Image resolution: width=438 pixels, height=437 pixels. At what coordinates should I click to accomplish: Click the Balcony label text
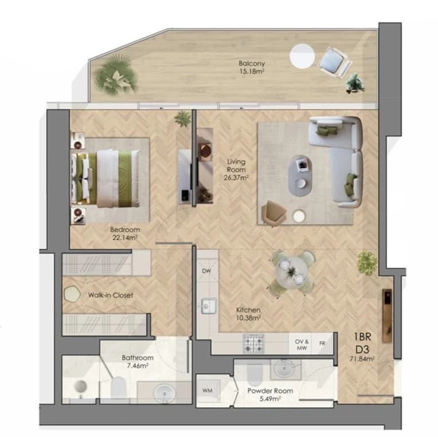point(252,64)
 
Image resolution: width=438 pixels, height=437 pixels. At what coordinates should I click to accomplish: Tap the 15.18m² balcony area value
point(252,71)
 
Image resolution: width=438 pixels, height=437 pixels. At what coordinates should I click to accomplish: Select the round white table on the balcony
point(302,56)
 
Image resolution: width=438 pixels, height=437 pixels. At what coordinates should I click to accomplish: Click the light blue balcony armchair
point(334,63)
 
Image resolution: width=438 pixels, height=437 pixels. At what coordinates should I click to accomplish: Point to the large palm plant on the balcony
point(115,75)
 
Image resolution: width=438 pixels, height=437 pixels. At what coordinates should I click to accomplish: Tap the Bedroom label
point(125,229)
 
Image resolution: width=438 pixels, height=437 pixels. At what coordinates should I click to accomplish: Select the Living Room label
point(236,165)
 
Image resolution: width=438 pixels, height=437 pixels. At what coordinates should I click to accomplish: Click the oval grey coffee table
point(300,175)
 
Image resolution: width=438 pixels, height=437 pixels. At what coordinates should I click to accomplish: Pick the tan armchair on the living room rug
point(273,213)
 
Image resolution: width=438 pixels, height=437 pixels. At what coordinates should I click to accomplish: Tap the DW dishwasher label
point(206,271)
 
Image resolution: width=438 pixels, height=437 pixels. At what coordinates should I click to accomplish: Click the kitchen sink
point(208,306)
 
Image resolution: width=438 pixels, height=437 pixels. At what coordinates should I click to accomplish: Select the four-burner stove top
point(253,344)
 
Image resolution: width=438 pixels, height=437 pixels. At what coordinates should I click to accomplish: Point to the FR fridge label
point(322,343)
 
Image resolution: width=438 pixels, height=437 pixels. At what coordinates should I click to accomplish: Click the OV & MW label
point(302,345)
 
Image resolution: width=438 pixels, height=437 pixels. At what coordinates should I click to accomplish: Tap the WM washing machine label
point(208,391)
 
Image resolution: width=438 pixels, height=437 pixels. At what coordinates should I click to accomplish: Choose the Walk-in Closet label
point(111,295)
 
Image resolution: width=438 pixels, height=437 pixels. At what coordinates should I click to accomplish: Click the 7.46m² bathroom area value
point(138,366)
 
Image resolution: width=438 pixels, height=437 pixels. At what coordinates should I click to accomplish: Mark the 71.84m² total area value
point(362,359)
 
